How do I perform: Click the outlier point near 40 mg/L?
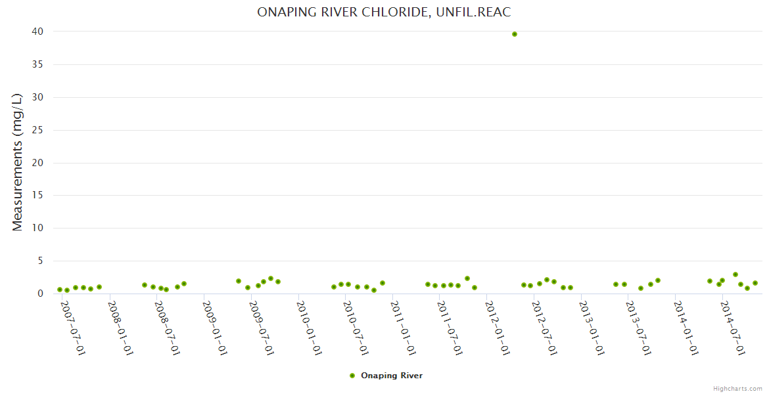515,34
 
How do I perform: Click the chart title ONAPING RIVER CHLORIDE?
384,12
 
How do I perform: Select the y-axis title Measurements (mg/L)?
18,162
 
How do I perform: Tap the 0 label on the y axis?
40,294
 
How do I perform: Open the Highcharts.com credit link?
737,388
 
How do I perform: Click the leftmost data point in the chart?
60,290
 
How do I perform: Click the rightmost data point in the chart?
755,283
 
